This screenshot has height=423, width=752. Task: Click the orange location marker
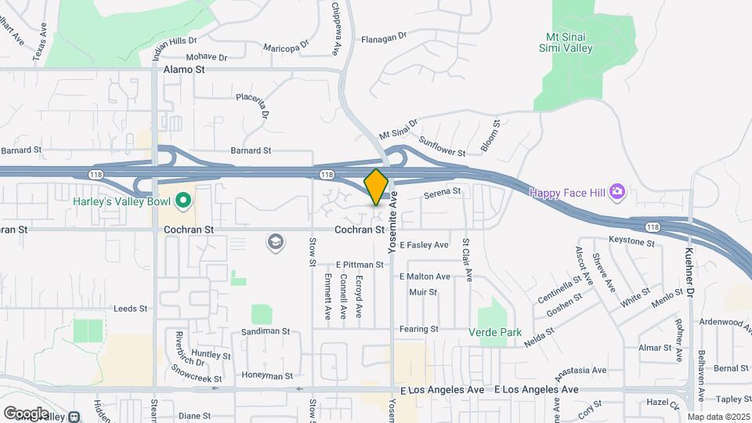coord(376,187)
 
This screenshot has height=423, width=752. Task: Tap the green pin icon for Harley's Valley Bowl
coord(183,201)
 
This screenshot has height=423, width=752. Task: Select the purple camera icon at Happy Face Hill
coord(617,191)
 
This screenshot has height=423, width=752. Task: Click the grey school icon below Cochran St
coord(275,242)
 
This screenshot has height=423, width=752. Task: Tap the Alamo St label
coord(183,70)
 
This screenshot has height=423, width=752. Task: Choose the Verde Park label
coord(495,332)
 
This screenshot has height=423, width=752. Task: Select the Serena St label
coord(442,192)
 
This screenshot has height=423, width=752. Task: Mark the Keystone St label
coord(631,243)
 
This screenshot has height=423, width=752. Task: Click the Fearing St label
coord(418,329)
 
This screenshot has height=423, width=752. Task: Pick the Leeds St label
coord(131,309)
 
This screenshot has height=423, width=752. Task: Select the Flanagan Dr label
coord(384,37)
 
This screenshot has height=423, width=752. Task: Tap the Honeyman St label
coord(267,376)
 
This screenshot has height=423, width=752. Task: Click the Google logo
coord(26,413)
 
